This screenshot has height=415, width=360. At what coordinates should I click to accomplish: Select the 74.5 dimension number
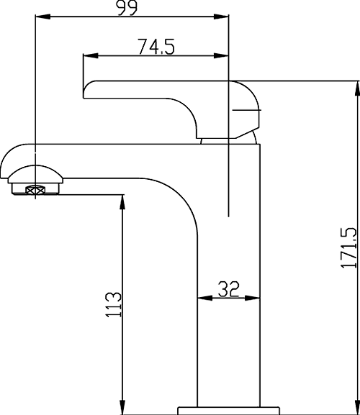[x=157, y=47]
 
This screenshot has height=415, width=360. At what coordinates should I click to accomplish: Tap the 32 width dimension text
[x=228, y=289]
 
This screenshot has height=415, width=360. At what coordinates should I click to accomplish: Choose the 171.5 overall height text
[x=348, y=248]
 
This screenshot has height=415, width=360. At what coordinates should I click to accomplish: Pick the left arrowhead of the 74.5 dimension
[x=89, y=55]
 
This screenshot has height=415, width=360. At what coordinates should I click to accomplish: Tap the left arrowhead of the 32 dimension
[x=202, y=298]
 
